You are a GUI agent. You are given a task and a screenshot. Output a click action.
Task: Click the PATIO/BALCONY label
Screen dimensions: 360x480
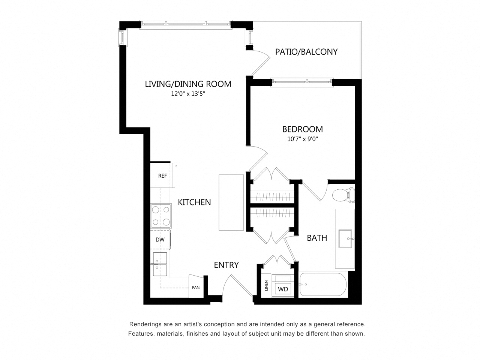(x=306, y=52)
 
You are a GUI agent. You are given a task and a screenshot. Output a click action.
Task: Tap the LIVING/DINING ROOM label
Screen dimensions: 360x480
(x=188, y=84)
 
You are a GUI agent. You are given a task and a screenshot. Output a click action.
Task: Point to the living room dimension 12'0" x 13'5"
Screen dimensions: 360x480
(x=188, y=94)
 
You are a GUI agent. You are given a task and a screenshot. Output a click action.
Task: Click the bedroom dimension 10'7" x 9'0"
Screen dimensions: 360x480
(x=302, y=139)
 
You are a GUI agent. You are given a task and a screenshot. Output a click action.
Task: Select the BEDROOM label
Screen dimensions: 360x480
(x=302, y=129)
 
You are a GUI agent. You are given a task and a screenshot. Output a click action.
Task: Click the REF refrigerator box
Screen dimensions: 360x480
(x=162, y=175)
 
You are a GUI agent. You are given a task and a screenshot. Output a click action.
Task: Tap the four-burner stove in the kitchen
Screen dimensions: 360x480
(x=161, y=216)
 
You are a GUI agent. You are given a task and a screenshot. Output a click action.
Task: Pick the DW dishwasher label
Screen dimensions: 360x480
(x=160, y=240)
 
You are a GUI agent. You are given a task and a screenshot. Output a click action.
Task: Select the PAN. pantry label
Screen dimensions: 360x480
(x=196, y=288)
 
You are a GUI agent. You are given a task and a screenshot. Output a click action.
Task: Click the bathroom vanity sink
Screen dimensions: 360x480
(x=346, y=238)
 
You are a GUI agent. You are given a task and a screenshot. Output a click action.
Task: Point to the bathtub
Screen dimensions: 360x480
(x=323, y=285)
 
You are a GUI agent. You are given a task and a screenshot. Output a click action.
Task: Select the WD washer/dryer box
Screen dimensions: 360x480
(x=283, y=289)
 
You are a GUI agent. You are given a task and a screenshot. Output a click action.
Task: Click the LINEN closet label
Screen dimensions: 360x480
(x=266, y=286)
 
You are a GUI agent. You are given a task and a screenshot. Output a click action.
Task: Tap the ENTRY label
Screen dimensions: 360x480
(x=226, y=265)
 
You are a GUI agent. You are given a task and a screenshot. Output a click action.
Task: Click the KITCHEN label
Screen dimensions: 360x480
(x=194, y=202)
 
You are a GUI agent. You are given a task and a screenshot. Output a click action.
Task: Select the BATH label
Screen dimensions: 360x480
(x=317, y=238)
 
